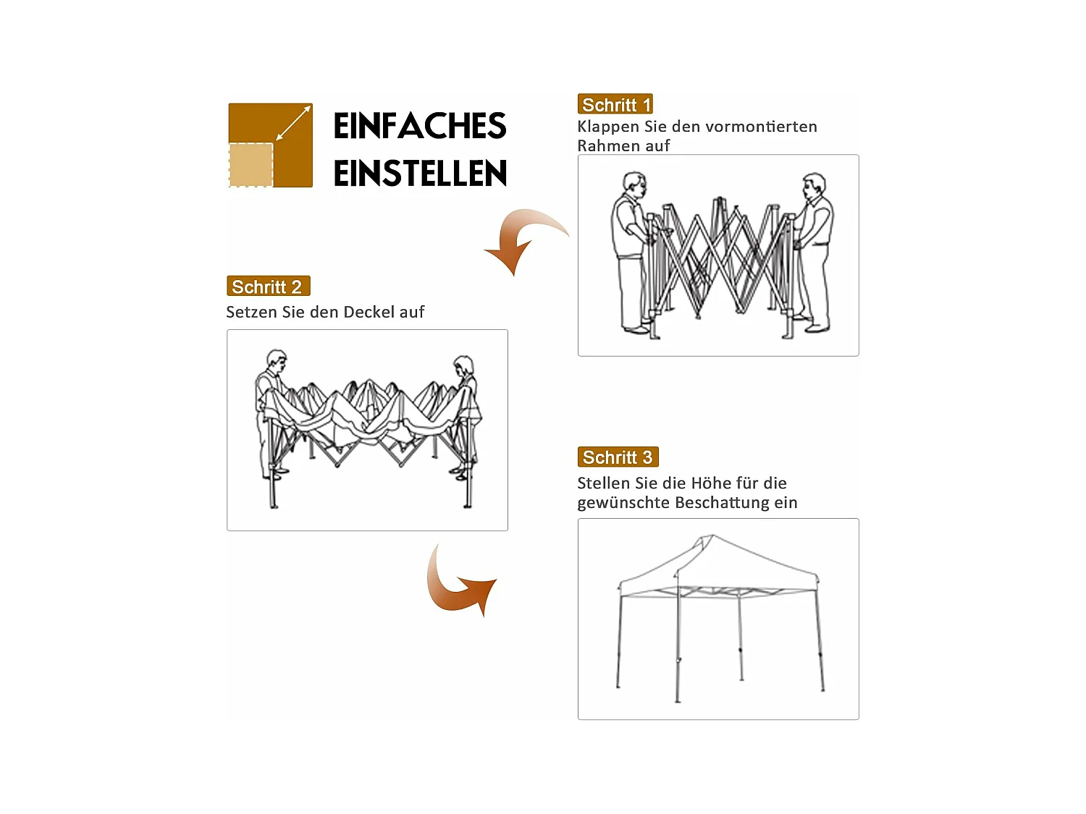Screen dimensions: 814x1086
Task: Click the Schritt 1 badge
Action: (x=615, y=104)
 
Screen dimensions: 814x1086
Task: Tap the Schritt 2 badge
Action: (x=268, y=287)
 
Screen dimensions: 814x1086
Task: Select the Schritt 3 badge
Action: (x=618, y=457)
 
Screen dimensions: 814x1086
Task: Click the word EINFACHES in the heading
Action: (x=419, y=126)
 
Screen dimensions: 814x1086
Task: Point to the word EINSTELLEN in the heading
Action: (x=420, y=174)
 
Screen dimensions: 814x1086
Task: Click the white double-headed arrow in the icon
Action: (x=293, y=123)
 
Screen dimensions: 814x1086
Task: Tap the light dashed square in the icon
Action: (x=251, y=165)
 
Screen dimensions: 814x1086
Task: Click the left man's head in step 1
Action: (x=634, y=183)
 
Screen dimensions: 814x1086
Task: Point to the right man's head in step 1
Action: (x=814, y=184)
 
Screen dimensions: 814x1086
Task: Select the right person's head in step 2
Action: (x=463, y=365)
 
